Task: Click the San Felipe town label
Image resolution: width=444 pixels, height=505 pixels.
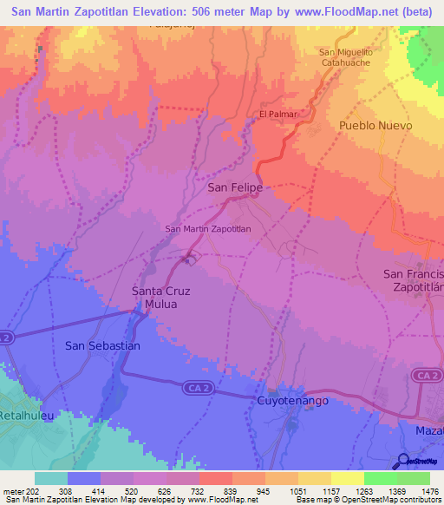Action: pyautogui.click(x=235, y=187)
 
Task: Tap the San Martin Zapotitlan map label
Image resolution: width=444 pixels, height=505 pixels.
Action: pyautogui.click(x=207, y=229)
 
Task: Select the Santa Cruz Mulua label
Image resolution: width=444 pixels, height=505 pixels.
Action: pyautogui.click(x=160, y=298)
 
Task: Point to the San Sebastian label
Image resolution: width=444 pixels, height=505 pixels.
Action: pyautogui.click(x=102, y=345)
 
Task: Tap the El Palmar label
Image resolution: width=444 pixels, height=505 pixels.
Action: pyautogui.click(x=277, y=115)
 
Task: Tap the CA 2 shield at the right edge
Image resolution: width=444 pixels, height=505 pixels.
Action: pyautogui.click(x=423, y=375)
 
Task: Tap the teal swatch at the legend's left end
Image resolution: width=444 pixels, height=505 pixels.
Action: pyautogui.click(x=51, y=478)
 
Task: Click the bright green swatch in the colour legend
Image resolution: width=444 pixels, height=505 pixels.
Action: pyautogui.click(x=381, y=478)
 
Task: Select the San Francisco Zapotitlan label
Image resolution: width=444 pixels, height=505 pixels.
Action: pyautogui.click(x=414, y=280)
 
